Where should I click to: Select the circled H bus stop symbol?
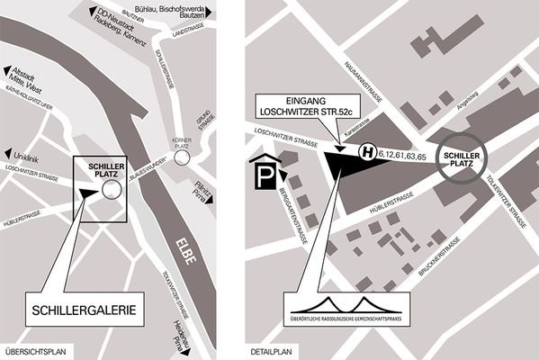pyautogui.click(x=367, y=154)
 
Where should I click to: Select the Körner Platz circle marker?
pyautogui.click(x=184, y=157)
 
